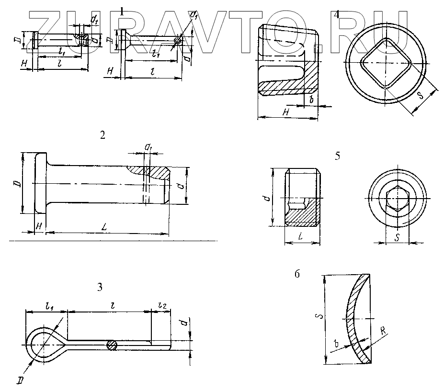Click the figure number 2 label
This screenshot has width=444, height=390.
tap(102, 135)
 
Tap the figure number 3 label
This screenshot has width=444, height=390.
tap(100, 287)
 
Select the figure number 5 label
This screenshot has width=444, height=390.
tap(338, 156)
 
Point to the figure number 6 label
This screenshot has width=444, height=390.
tap(297, 274)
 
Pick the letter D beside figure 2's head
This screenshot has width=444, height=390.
tap(17, 184)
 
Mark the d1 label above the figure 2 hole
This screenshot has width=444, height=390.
tap(148, 149)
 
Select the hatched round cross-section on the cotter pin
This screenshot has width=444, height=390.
tap(112, 345)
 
